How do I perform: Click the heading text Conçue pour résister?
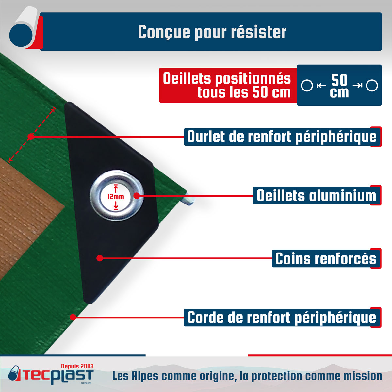pyautogui.click(x=212, y=32)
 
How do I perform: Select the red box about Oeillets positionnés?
pyautogui.click(x=228, y=85)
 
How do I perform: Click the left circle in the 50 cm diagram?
pyautogui.click(x=307, y=86)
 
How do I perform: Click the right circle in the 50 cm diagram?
pyautogui.click(x=372, y=86)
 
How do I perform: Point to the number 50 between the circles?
pyautogui.click(x=339, y=80)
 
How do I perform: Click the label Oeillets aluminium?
pyautogui.click(x=317, y=195)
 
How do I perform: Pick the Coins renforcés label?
pyautogui.click(x=326, y=258)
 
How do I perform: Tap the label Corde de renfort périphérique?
pyautogui.click(x=282, y=317)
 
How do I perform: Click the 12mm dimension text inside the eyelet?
pyautogui.click(x=116, y=197)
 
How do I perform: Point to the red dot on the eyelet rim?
pyautogui.click(x=137, y=196)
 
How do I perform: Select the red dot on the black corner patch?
pyautogui.click(x=100, y=258)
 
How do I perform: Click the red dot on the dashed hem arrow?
pyautogui.click(x=31, y=137)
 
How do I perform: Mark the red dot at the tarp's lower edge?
pyautogui.click(x=73, y=317)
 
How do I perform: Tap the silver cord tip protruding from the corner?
pyautogui.click(x=190, y=200)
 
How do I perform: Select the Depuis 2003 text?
pyautogui.click(x=77, y=367)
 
